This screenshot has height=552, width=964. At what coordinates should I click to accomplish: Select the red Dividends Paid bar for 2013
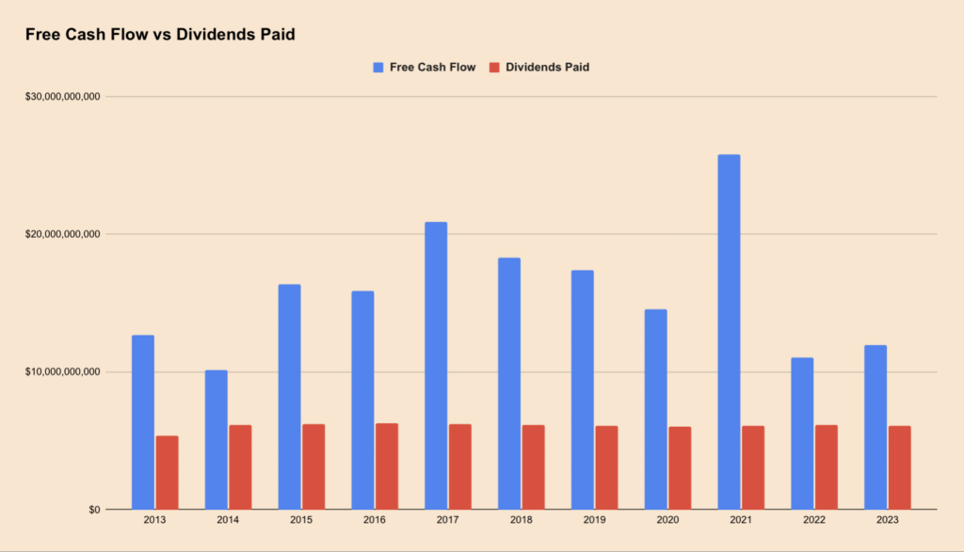167,472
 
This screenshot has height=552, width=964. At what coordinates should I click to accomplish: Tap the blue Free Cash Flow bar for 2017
436,366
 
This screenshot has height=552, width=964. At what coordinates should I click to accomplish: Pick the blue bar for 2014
216,439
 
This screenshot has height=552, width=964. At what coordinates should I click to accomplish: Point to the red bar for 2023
899,467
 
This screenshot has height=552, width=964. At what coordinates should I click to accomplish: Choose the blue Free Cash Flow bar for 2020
655,409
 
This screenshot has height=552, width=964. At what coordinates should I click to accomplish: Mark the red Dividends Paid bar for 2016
387,466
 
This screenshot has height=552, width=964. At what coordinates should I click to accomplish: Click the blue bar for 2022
802,434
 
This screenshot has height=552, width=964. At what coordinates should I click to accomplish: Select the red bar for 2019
606,467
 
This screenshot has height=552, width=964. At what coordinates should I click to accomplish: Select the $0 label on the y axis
91,510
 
